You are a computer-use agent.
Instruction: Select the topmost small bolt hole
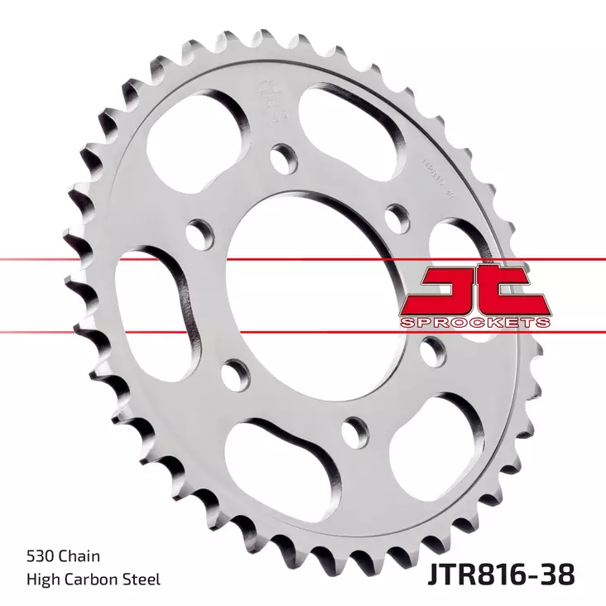[283, 157]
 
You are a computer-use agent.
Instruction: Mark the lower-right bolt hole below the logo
[430, 350]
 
